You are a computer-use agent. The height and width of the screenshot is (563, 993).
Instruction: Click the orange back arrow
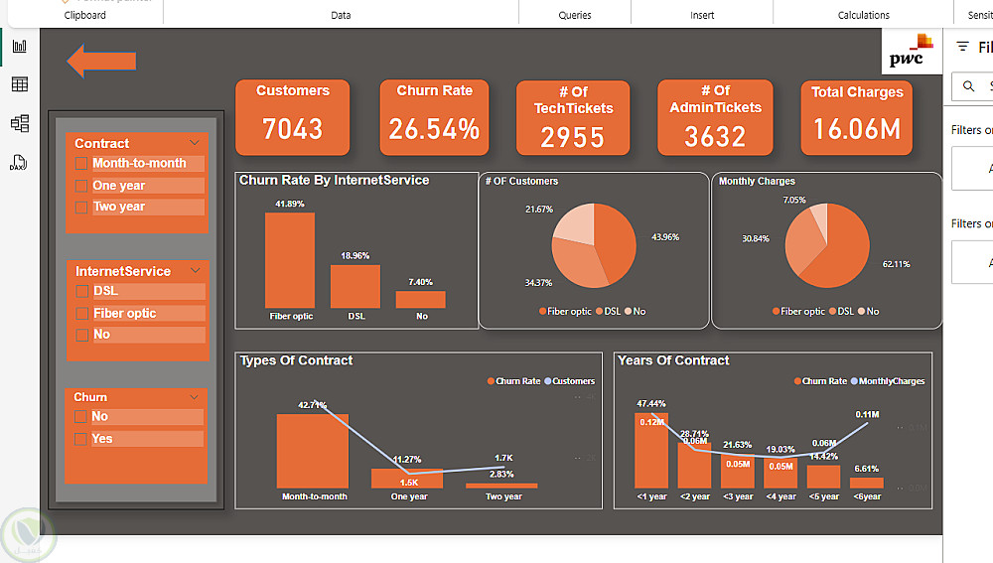pos(100,62)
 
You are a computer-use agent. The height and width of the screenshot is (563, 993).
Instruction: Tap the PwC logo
pos(910,52)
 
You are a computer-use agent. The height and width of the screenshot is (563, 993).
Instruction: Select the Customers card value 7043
pos(292,129)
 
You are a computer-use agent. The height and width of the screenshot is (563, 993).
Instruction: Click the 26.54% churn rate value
pos(434,129)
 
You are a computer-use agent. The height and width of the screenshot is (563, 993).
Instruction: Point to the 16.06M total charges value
pos(856,129)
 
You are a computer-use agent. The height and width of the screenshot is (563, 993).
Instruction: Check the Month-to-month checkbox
pos(81,164)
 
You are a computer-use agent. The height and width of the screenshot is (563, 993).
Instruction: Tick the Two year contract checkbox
pos(81,208)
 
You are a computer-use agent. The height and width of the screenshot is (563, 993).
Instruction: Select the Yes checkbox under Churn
pos(81,439)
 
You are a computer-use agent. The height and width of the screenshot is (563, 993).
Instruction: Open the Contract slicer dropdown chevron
pos(195,143)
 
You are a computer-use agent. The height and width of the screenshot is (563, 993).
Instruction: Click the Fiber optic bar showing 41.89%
pos(289,260)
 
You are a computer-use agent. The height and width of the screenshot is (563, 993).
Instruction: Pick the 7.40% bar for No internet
pos(420,299)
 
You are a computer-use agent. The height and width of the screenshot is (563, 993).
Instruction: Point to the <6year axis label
pos(866,496)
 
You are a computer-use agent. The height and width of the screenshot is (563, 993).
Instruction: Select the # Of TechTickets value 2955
pos(573,138)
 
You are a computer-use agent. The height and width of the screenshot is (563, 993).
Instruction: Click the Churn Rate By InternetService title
pos(334,181)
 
